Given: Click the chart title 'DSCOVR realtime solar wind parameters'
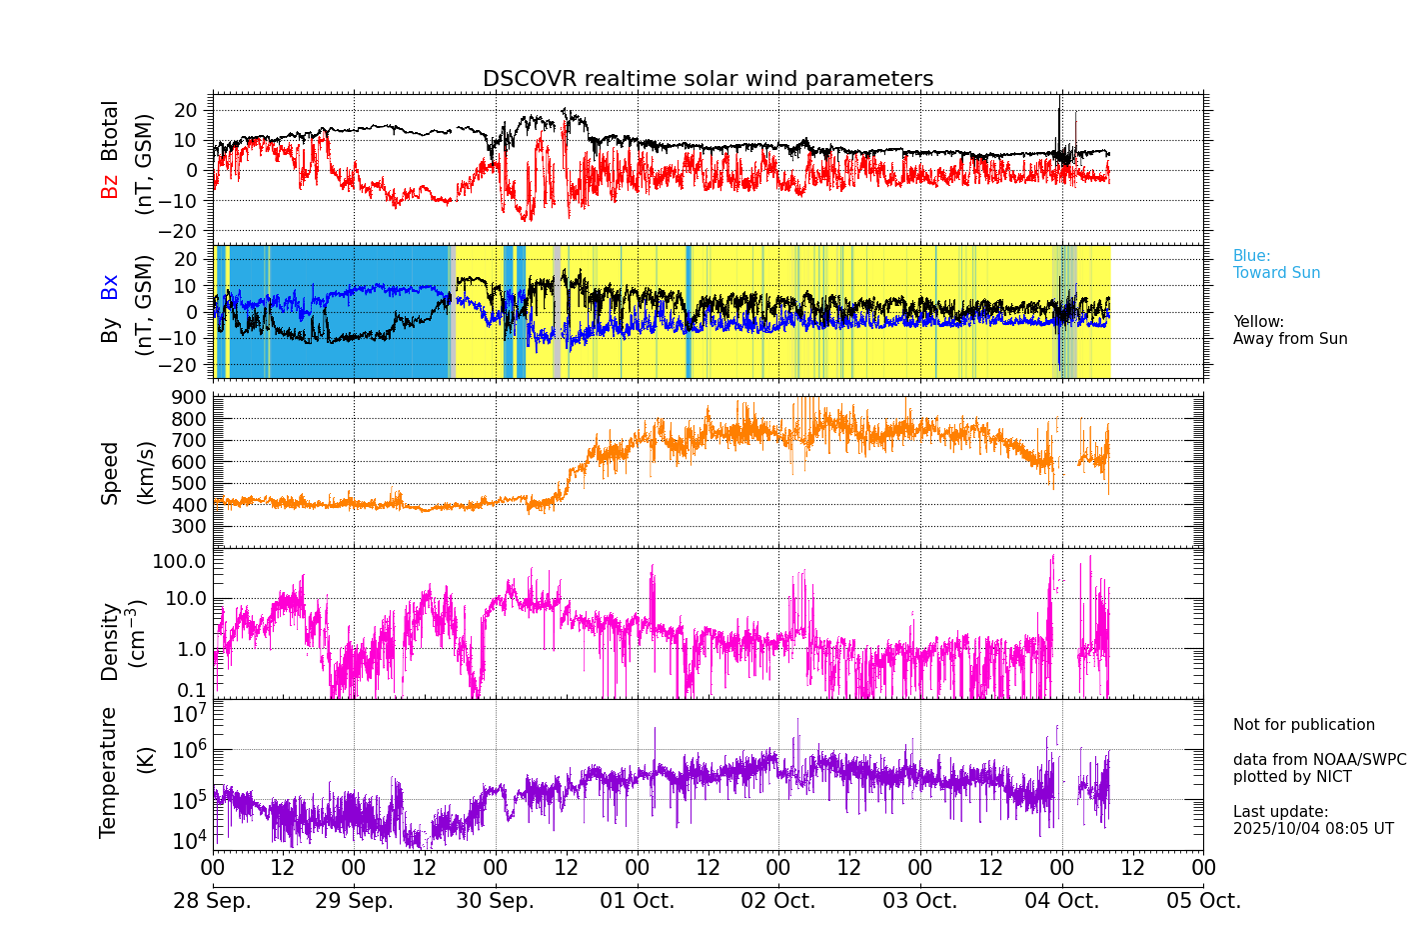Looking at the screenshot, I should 708,79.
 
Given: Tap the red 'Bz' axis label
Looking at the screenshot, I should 109,186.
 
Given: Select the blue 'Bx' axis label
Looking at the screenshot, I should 109,287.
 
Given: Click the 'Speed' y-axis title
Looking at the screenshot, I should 109,473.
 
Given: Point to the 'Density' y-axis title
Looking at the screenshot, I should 109,641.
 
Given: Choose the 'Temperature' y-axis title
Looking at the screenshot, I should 109,771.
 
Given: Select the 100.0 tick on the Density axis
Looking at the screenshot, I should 179,561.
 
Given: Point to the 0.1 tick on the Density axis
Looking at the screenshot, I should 193,690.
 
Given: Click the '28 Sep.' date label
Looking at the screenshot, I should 212,901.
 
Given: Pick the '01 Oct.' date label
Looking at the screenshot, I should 637,901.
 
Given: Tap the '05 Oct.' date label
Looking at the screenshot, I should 1203,901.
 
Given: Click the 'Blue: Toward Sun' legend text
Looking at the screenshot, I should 1276,264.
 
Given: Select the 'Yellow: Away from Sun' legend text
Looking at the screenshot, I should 1289,330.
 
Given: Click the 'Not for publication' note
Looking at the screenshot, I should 1303,725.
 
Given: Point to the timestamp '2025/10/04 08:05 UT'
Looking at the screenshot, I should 1312,829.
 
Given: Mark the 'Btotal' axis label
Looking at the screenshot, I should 109,130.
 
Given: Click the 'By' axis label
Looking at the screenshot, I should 109,330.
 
